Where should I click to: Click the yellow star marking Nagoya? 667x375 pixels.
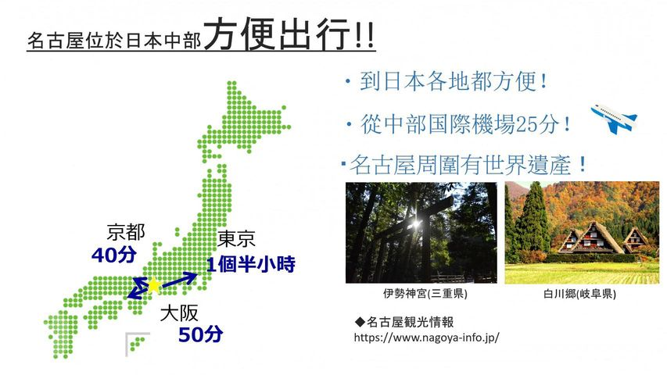click(153, 285)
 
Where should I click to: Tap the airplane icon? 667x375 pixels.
click(614, 118)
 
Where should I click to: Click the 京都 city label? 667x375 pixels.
click(126, 232)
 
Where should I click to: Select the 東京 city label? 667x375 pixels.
click(236, 239)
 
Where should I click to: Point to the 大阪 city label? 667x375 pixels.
click(179, 314)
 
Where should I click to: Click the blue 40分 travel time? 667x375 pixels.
click(114, 255)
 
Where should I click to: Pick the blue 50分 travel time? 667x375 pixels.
click(200, 334)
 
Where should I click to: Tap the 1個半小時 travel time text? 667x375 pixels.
click(251, 265)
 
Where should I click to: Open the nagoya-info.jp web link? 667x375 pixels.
click(426, 337)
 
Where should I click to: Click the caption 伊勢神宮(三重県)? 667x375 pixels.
click(425, 294)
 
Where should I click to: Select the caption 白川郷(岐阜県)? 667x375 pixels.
click(579, 294)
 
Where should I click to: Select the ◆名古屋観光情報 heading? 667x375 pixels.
click(404, 322)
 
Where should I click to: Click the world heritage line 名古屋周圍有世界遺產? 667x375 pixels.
click(464, 165)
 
